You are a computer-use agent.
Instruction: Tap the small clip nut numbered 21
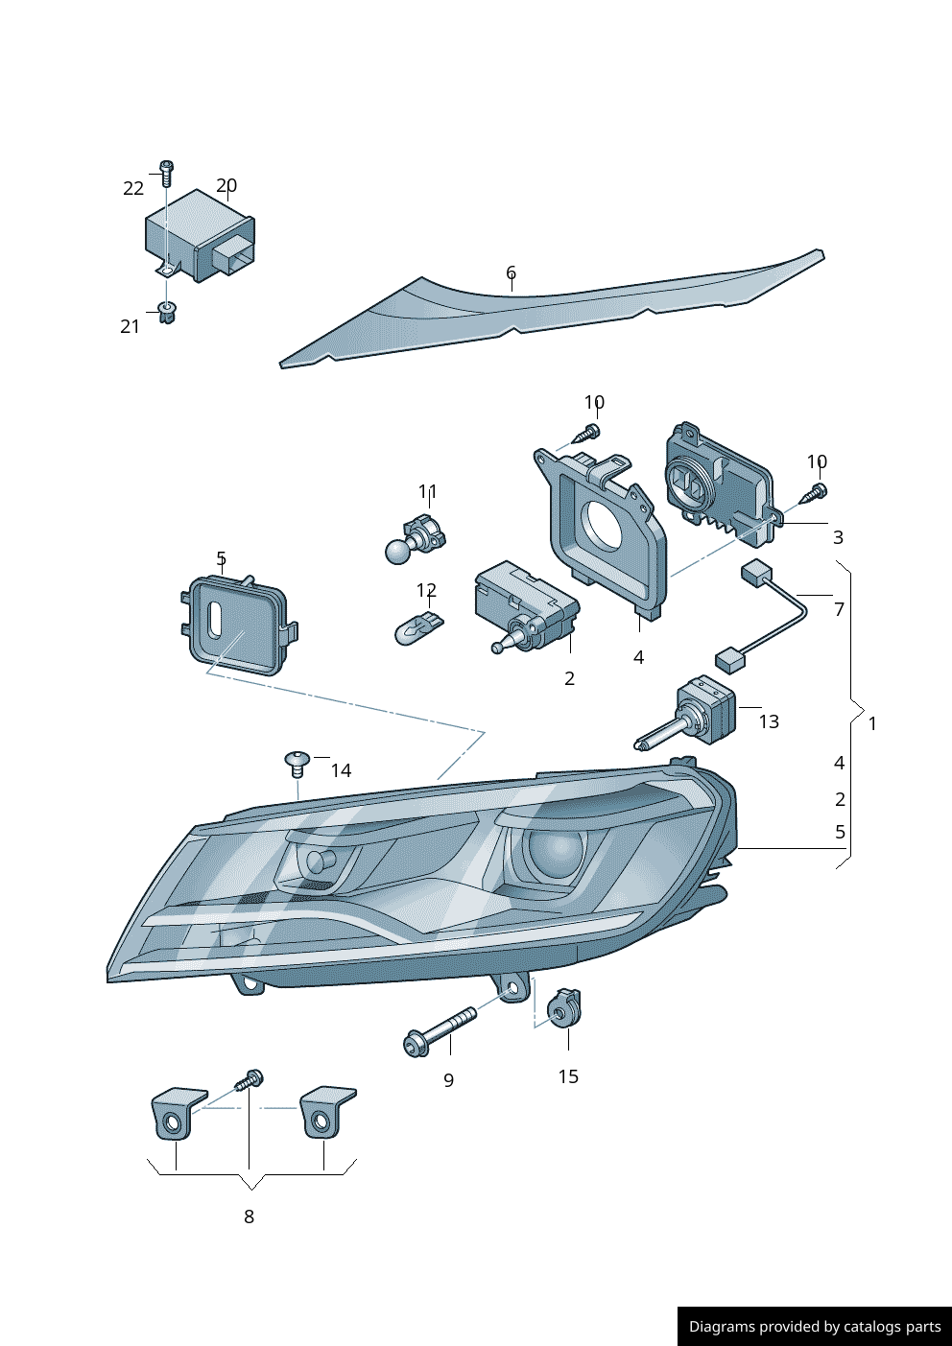click(167, 312)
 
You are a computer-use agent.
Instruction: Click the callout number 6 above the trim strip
click(511, 273)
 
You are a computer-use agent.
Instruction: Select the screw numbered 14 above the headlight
click(297, 764)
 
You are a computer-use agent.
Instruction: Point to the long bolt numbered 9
click(441, 1029)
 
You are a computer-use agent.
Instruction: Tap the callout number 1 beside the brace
click(872, 723)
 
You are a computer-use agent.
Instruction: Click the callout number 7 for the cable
click(839, 609)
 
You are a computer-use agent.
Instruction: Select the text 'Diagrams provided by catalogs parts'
click(814, 1327)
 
